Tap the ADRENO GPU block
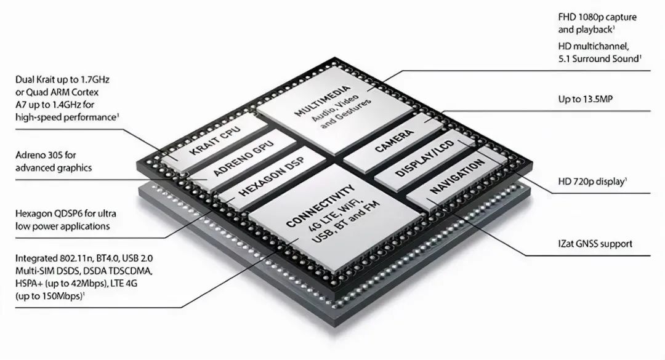pyautogui.click(x=243, y=159)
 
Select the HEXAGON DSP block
pyautogui.click(x=272, y=178)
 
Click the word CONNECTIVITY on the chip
pyautogui.click(x=321, y=206)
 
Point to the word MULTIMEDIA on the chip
pyautogui.click(x=323, y=100)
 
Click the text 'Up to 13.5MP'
pyautogui.click(x=586, y=99)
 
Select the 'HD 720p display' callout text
pyautogui.click(x=592, y=182)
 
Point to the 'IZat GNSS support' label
pyautogui.click(x=595, y=244)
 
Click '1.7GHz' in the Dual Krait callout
pyautogui.click(x=95, y=80)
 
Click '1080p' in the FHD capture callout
pyautogui.click(x=590, y=17)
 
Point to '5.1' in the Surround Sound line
pyautogui.click(x=564, y=59)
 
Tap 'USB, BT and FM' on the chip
pyautogui.click(x=345, y=222)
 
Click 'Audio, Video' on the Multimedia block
pyautogui.click(x=336, y=108)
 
